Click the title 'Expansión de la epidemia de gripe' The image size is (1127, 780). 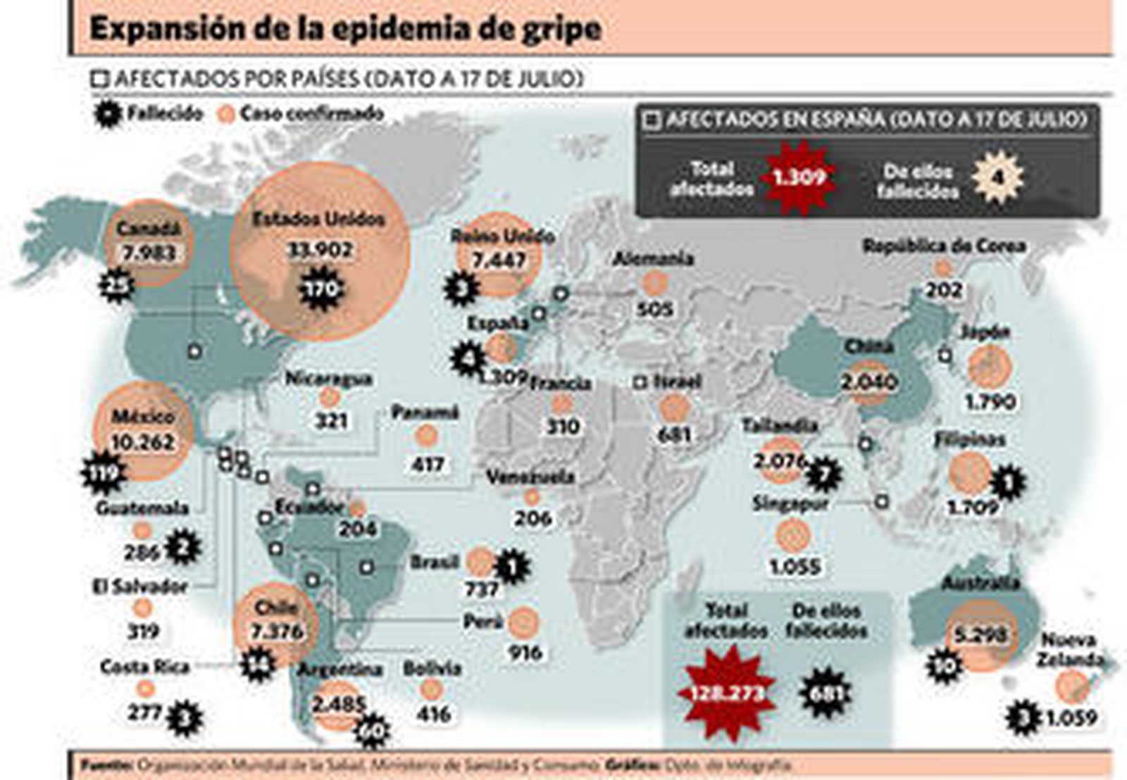coord(345,30)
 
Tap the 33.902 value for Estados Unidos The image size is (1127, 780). coord(320,251)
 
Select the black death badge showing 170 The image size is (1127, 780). coord(321,289)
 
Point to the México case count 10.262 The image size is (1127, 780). coord(143,442)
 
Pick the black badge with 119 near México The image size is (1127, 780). coord(103,472)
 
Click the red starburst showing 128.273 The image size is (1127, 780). coord(726,693)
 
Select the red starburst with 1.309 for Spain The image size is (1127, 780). coord(799,177)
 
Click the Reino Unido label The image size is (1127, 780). coord(502,236)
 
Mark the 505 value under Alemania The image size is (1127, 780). coord(654,308)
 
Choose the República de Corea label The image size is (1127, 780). coord(944,246)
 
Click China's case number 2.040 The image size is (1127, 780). coord(868,382)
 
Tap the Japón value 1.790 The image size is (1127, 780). coord(990,402)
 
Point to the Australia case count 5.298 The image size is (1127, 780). coord(980,635)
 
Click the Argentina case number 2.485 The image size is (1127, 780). coord(339,703)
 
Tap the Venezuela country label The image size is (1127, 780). coord(530,477)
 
